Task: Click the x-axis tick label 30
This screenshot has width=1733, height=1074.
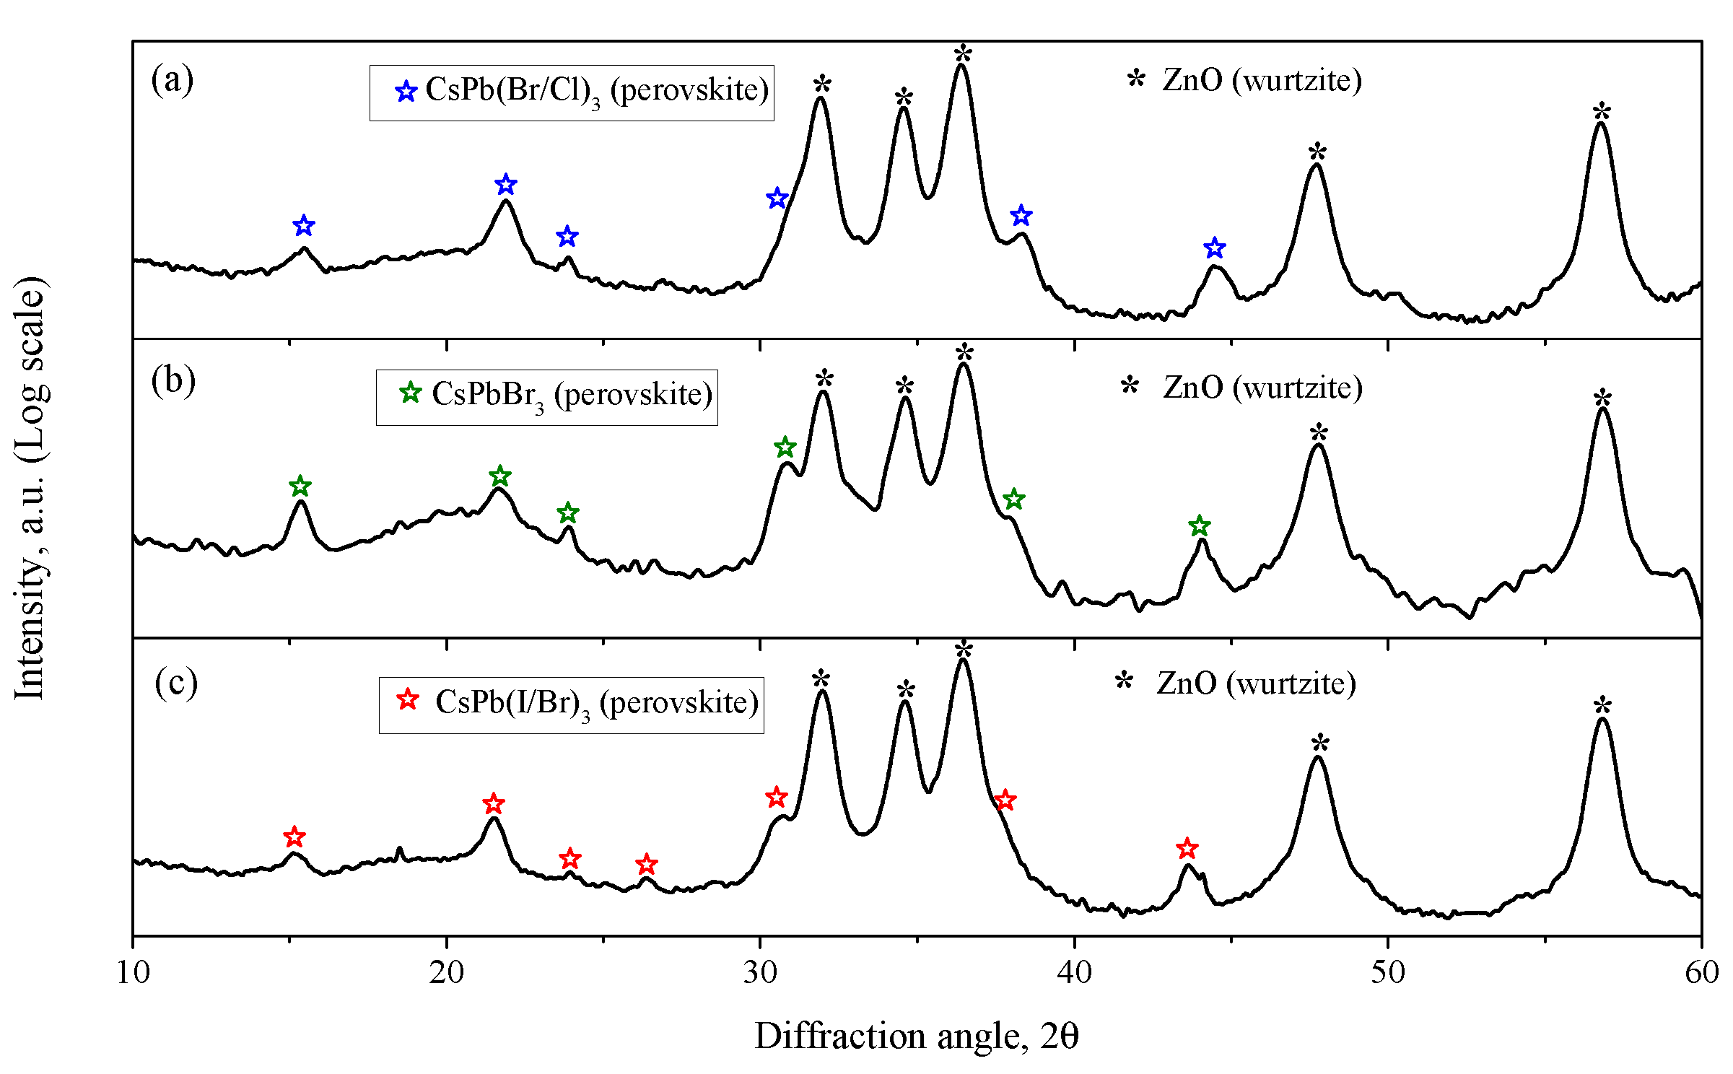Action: (760, 973)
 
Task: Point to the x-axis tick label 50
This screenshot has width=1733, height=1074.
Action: (1387, 973)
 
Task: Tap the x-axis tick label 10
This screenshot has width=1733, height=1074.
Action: (133, 973)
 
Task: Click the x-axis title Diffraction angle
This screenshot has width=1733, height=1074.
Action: (916, 1036)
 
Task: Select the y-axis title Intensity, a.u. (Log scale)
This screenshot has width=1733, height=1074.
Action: (30, 487)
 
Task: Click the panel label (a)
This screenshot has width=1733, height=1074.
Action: (172, 79)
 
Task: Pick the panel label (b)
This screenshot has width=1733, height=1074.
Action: (173, 380)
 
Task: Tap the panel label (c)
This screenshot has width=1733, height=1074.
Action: (175, 682)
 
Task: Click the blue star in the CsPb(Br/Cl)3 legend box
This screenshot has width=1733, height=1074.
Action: (406, 92)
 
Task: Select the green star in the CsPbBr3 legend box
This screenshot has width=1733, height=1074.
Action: (411, 393)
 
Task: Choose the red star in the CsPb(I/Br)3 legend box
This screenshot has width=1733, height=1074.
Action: (408, 699)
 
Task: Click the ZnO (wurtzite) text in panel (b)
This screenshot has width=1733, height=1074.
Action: (1262, 388)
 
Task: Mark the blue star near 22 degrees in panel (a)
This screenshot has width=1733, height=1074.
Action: (506, 184)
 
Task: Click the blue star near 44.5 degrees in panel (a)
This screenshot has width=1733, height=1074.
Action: (1215, 248)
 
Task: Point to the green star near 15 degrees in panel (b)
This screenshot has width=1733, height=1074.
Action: (300, 486)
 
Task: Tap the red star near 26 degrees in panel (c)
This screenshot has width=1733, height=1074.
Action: (647, 864)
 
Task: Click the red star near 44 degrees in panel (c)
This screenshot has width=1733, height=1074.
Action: (1187, 848)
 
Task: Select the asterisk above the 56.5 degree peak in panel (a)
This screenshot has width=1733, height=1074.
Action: (1602, 111)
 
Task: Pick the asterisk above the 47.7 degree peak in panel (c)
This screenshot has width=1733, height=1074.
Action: (1320, 742)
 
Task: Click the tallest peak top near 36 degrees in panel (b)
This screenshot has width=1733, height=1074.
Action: (964, 364)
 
